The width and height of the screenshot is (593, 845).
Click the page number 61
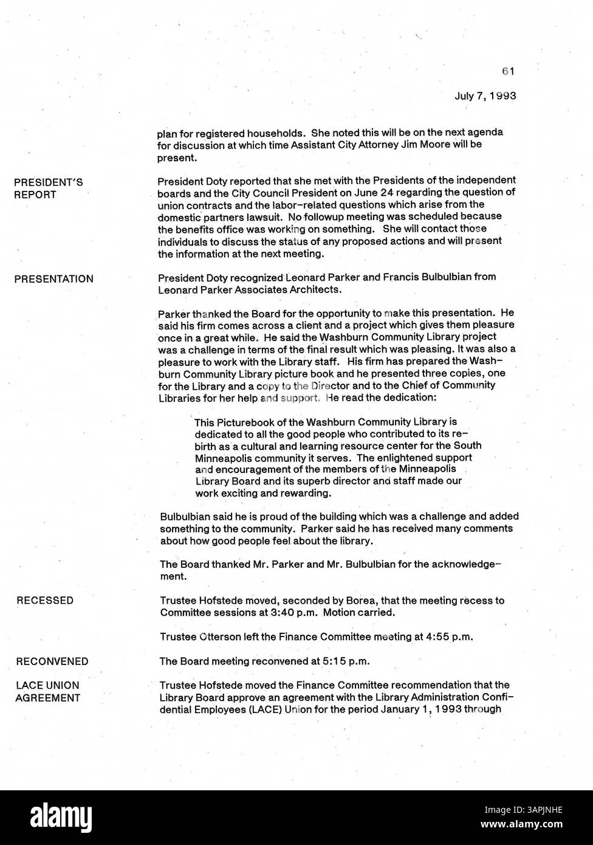[509, 71]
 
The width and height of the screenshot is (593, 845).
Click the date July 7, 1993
[485, 95]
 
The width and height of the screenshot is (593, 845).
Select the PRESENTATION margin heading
[53, 279]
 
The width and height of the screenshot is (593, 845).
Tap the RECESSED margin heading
[45, 601]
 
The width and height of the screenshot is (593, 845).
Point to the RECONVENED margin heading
[52, 661]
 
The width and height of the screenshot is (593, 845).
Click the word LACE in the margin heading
[29, 686]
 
